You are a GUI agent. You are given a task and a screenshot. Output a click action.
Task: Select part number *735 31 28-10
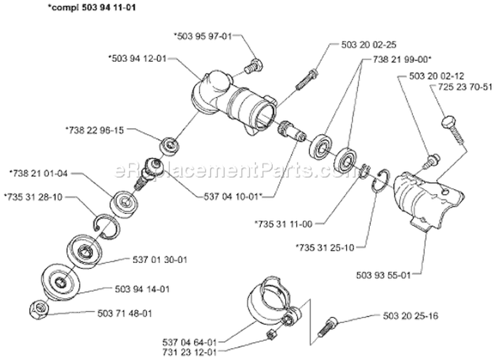[x=33, y=197]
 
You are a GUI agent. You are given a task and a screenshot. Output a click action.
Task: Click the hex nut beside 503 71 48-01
[x=39, y=310]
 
